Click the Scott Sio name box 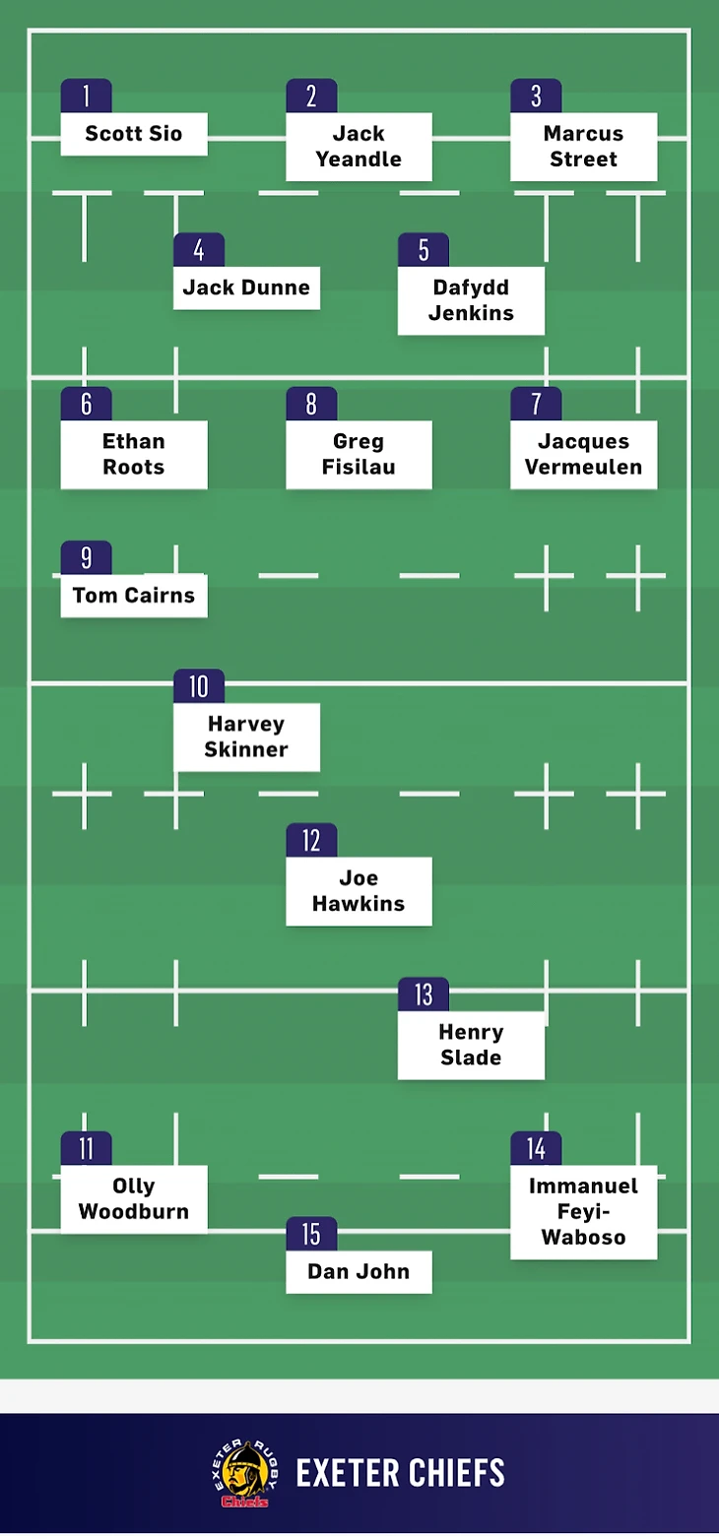134,134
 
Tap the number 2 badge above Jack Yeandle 311,96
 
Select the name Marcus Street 583,147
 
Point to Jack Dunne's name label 246,288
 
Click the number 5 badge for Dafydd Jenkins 424,250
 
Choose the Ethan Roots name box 134,454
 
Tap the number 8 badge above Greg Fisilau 311,404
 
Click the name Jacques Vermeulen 583,454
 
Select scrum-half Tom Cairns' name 134,596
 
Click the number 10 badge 199,686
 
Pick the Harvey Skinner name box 246,737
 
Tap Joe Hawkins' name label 359,891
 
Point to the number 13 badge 424,994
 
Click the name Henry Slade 471,1045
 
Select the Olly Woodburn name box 134,1198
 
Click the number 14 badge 536,1149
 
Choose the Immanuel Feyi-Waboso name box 583,1211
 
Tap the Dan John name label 359,1271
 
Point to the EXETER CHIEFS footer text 400,1474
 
